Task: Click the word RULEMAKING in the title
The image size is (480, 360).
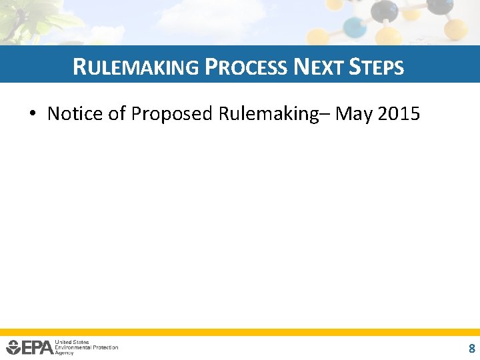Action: point(135,67)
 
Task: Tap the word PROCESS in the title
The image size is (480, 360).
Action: point(246,67)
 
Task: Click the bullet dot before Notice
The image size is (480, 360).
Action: point(32,114)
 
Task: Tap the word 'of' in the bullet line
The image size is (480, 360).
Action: point(117,114)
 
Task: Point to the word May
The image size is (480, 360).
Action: point(353,114)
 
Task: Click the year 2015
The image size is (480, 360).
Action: point(399,114)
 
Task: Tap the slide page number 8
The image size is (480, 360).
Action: point(471,348)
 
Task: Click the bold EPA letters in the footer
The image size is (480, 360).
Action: point(37,347)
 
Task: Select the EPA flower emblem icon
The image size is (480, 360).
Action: point(13,347)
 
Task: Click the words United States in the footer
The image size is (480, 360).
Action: point(72,342)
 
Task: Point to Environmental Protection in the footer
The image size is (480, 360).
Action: point(87,347)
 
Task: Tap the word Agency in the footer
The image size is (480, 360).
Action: point(65,352)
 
